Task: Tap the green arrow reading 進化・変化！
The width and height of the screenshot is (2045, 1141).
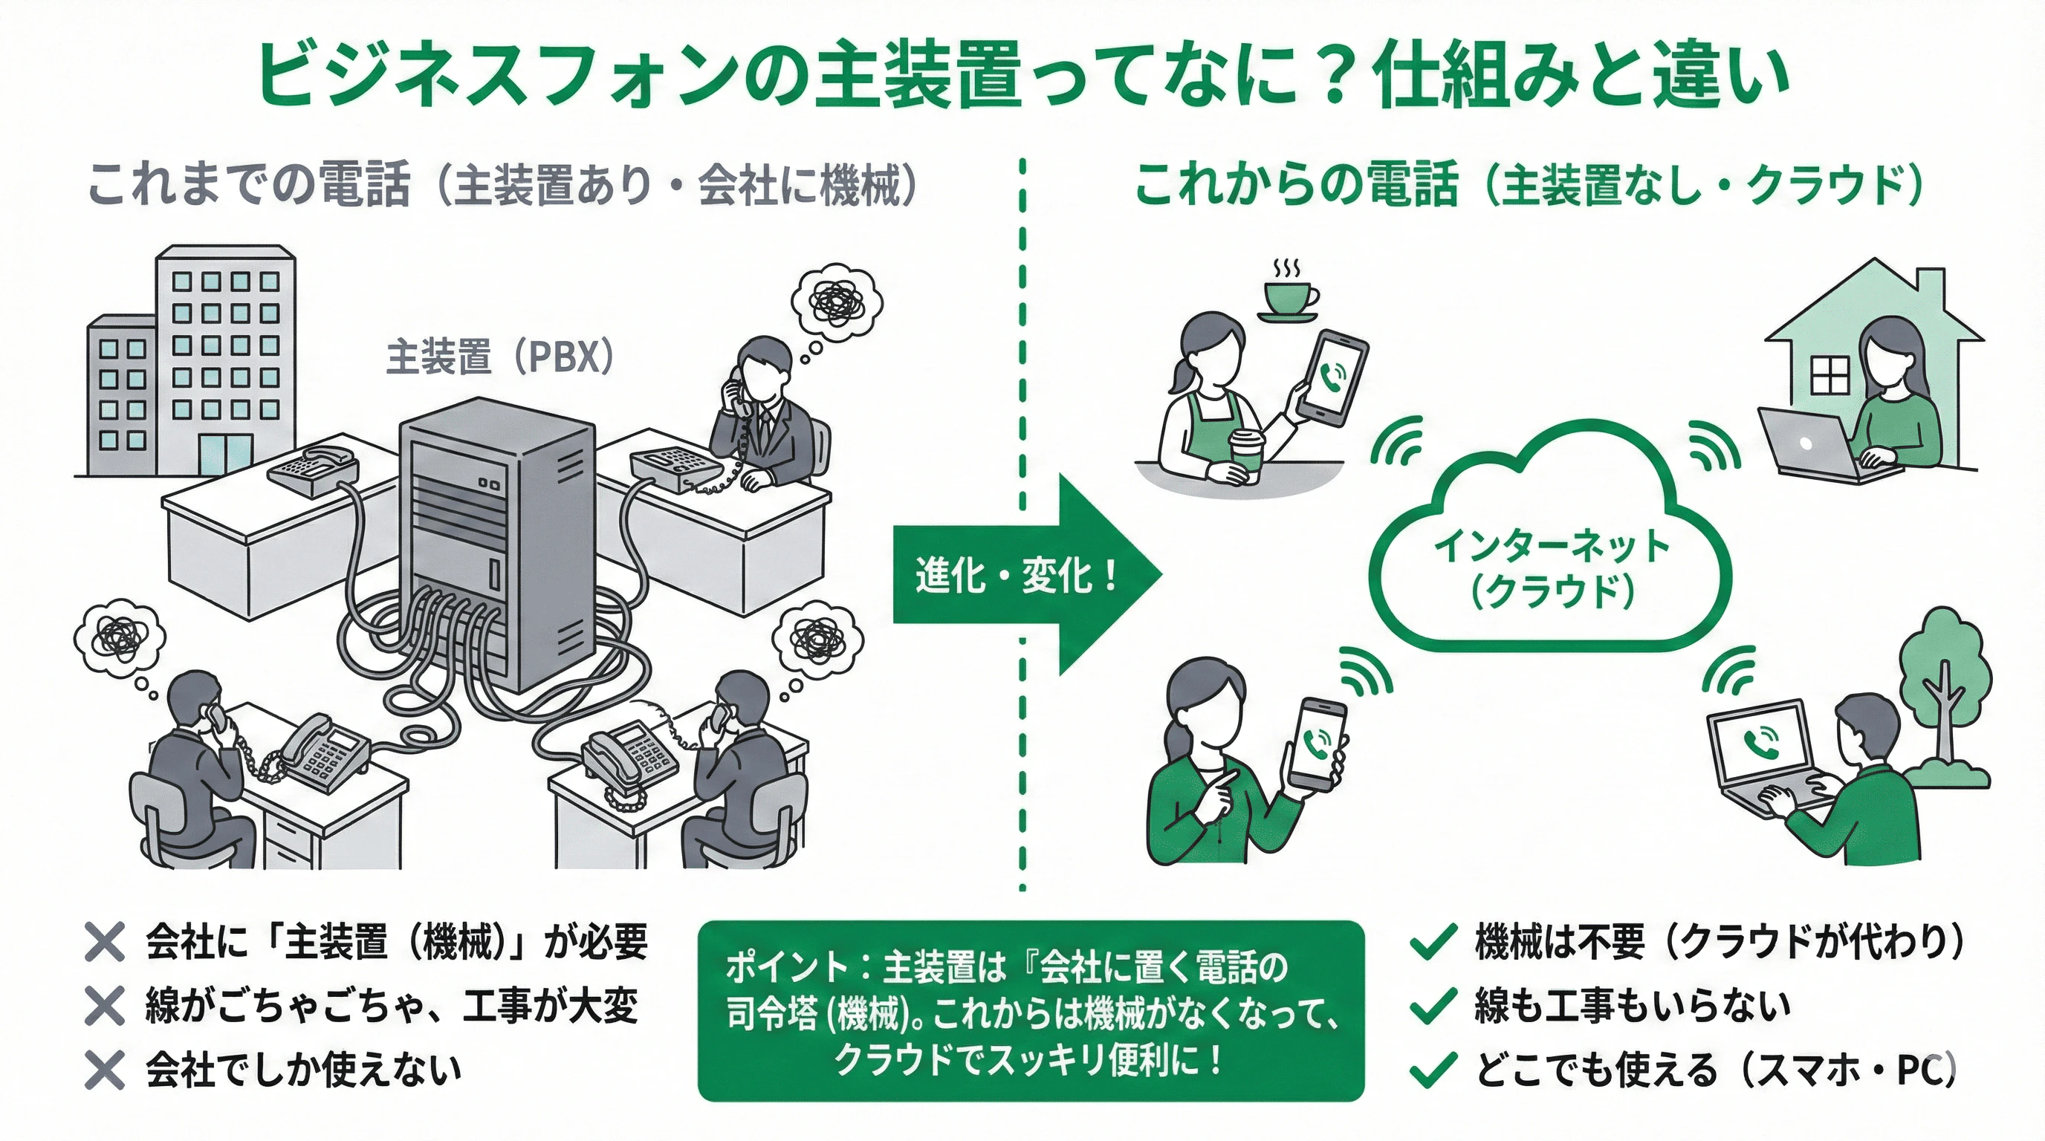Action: (x=1024, y=575)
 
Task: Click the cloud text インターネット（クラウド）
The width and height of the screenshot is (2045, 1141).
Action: (x=1552, y=568)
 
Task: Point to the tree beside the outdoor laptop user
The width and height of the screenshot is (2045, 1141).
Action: (x=1945, y=690)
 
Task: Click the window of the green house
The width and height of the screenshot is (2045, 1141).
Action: (x=1830, y=374)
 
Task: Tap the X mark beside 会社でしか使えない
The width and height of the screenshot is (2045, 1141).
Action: (x=105, y=1070)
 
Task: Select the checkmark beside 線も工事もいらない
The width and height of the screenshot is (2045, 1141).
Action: (x=1433, y=1006)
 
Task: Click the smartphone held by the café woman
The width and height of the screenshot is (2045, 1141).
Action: (x=1332, y=377)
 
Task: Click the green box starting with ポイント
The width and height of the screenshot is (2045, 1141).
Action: (x=1031, y=1011)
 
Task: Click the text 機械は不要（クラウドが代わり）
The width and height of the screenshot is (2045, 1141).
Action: (x=1719, y=942)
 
